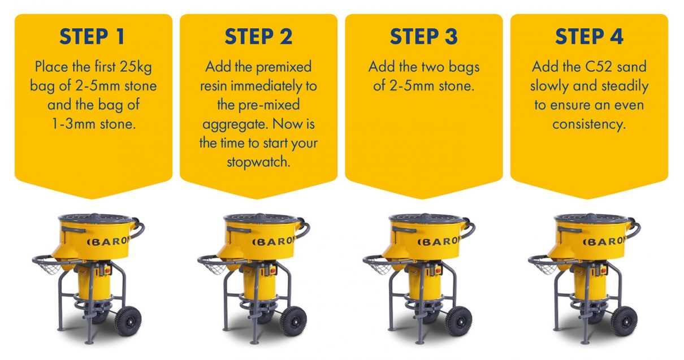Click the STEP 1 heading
pos(93,37)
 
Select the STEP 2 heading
pos(258,37)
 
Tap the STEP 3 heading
pos(423,37)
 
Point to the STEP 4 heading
pos(589,37)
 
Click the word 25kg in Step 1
pos(136,67)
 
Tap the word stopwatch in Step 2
pos(258,162)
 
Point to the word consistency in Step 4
pos(589,124)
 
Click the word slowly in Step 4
pos(550,86)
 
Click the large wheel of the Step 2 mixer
pos(293,321)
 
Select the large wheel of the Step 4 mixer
pos(624,321)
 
